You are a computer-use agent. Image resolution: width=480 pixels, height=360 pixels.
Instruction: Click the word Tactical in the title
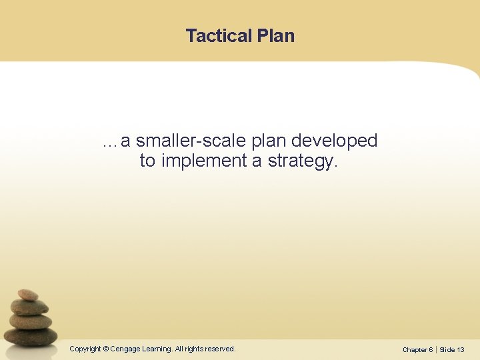[217, 36]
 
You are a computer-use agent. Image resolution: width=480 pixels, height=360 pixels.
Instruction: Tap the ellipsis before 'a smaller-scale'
[109, 142]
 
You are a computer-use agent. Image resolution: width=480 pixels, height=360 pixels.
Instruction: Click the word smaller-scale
[193, 141]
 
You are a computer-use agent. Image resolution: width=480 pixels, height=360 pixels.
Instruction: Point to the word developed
[335, 141]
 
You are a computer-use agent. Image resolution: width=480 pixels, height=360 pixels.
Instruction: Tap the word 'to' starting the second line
[147, 161]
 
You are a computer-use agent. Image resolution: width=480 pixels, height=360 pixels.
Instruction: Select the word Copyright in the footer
[85, 349]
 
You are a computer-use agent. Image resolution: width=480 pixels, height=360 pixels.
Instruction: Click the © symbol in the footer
[105, 349]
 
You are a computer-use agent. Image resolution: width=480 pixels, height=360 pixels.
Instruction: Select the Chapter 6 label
[417, 349]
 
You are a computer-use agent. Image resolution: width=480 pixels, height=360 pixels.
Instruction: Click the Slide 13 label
[452, 349]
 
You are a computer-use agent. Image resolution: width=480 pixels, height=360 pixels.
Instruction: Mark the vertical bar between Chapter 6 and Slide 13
[436, 349]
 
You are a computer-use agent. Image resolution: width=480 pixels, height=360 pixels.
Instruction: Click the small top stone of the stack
[27, 295]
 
